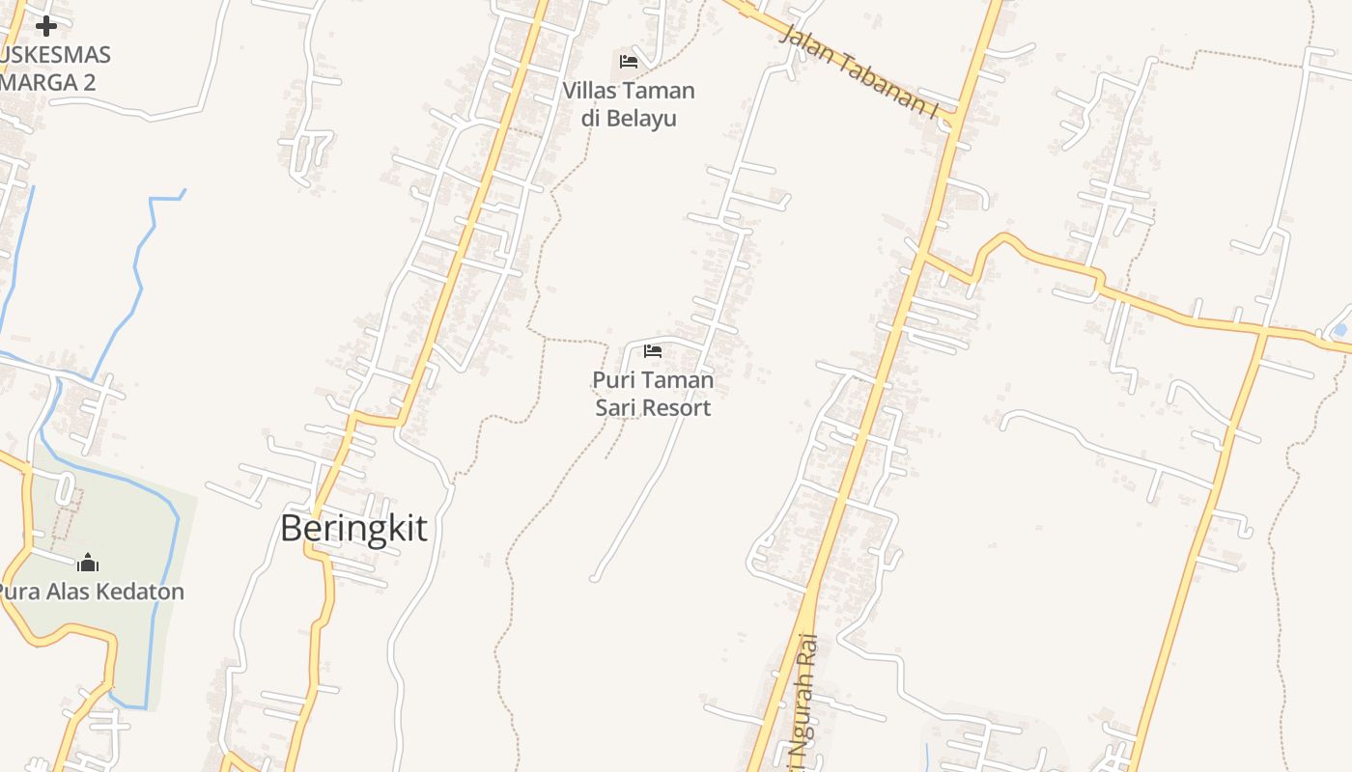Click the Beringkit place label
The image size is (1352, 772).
click(353, 529)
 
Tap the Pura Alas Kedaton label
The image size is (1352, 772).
click(90, 592)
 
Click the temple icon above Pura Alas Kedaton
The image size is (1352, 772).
click(88, 563)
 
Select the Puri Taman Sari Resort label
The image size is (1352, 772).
click(653, 394)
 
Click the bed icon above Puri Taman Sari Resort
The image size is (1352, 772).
click(653, 350)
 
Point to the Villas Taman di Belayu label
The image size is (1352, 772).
click(629, 104)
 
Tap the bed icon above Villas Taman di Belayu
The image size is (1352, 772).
click(629, 62)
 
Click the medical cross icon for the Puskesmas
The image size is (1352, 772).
click(45, 26)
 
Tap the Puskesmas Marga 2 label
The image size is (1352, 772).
click(53, 69)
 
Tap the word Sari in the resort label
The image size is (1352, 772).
click(614, 408)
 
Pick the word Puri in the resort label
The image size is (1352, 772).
click(610, 380)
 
